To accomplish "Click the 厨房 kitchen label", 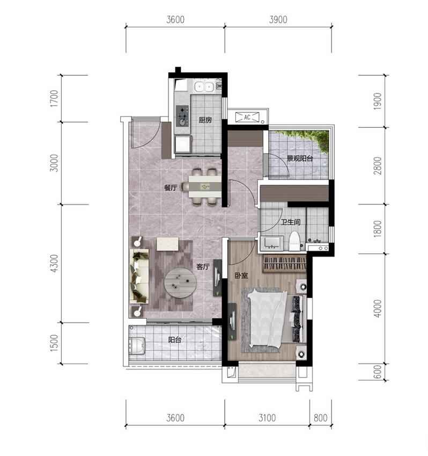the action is coord(205,120).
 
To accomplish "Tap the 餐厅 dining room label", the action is coord(171,187).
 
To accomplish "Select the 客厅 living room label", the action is coord(203,267).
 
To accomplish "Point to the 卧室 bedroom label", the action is coord(241,276).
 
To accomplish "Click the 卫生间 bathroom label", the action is coord(291,222).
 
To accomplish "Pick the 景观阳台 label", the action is coord(300,158).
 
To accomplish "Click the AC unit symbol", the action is coord(247,117).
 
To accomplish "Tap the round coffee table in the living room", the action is coord(181,283).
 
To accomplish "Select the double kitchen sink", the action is coord(204,86).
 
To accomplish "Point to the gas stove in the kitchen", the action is coord(182,115).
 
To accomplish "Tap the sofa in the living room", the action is coord(139,276).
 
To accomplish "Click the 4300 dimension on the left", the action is coord(54,264).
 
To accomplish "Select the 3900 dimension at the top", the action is coord(278,19).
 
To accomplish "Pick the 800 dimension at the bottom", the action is coord(321,418).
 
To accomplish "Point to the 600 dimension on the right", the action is coord(377,372).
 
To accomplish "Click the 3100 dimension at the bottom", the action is coord(267,418).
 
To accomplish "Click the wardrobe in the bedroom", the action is coord(285,264).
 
